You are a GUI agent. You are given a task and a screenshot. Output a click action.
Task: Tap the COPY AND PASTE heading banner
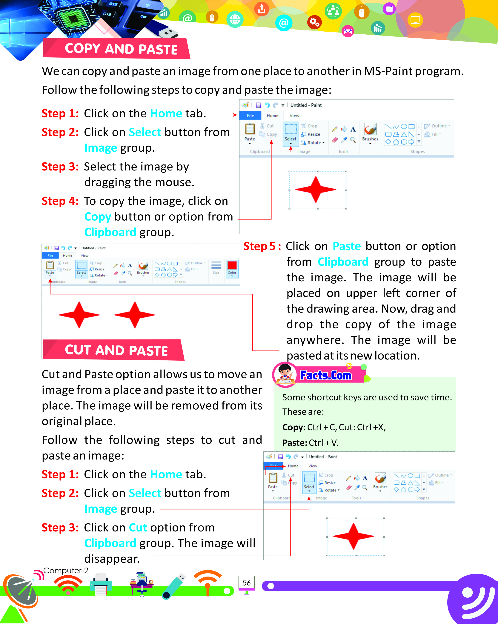click(121, 49)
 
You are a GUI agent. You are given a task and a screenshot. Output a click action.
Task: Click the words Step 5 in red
click(262, 246)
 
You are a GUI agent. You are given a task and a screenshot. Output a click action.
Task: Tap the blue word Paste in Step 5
click(346, 246)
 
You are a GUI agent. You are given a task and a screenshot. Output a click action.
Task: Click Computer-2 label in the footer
click(66, 571)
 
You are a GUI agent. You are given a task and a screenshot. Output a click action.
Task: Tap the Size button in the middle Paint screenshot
click(216, 268)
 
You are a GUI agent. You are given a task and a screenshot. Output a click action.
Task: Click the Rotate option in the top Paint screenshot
click(313, 143)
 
